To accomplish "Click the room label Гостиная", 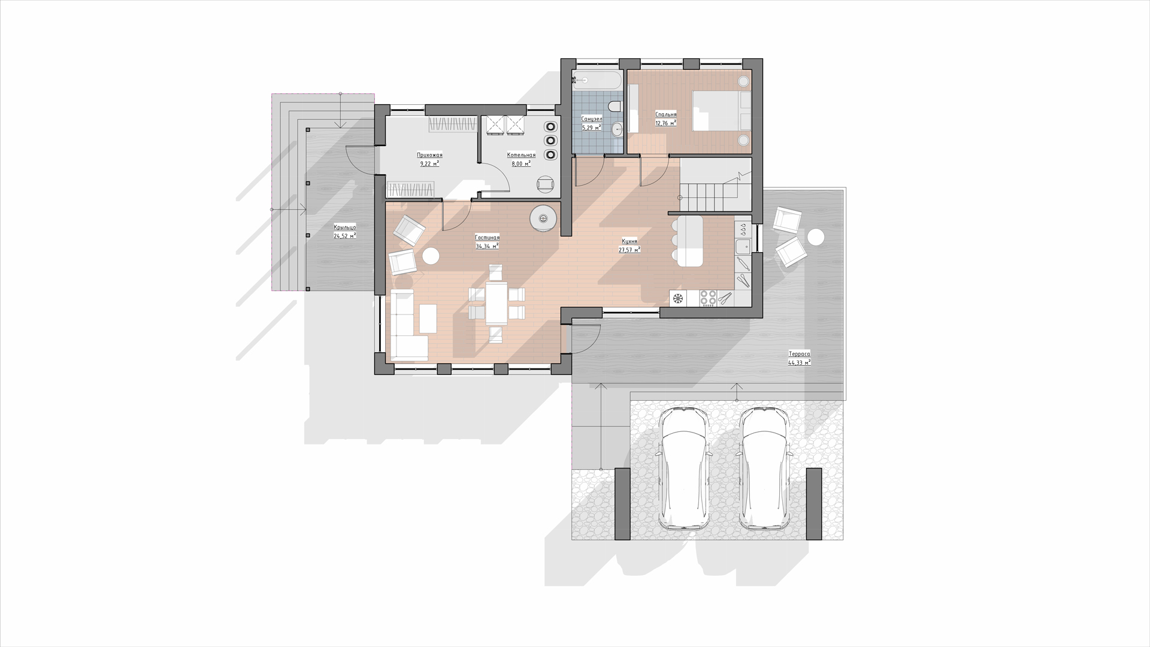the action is (x=487, y=238).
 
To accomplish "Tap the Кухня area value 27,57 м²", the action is (x=630, y=250).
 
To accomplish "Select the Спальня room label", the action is (x=666, y=114).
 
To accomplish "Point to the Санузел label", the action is (x=592, y=119).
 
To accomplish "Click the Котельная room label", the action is (x=521, y=155).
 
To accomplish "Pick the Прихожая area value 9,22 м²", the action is (x=429, y=163).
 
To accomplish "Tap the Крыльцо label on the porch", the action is (x=345, y=227).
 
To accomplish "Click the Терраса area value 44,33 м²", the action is (x=800, y=362).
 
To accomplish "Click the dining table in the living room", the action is (x=497, y=303).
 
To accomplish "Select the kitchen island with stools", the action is (x=688, y=241).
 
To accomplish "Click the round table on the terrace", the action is (x=815, y=237).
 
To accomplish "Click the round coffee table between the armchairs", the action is (x=431, y=256).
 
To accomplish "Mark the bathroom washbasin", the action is (x=618, y=128).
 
